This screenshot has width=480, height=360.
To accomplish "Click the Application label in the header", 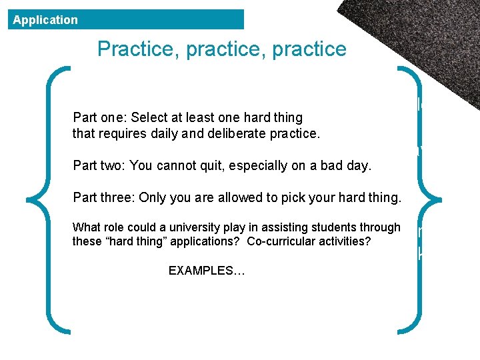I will [45, 20].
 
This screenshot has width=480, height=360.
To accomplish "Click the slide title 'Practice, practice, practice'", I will [221, 49].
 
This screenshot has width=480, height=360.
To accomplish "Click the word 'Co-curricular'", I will [281, 241].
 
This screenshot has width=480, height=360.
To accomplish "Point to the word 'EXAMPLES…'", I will [207, 271].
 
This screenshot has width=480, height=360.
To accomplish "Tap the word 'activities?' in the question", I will [343, 241].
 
